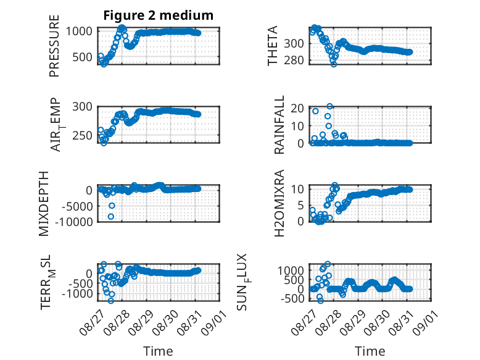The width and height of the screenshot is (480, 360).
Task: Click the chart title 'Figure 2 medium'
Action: tap(159, 15)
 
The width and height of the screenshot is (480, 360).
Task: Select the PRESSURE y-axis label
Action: tap(54, 46)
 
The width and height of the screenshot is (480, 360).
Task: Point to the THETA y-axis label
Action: tap(272, 46)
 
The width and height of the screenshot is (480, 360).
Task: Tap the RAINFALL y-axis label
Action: tap(279, 125)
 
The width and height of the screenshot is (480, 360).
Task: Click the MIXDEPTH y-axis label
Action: tap(44, 204)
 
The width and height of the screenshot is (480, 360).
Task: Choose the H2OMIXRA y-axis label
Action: tap(279, 203)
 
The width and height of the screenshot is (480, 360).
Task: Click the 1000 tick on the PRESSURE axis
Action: tap(79, 31)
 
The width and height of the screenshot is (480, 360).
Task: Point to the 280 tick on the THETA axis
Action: tap(294, 61)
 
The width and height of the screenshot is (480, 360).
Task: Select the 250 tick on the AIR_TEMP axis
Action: tap(82, 135)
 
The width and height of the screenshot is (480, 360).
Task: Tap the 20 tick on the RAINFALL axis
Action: tap(297, 108)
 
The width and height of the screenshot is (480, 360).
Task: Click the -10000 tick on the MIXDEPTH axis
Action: tap(74, 222)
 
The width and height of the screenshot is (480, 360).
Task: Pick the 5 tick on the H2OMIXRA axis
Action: tap(300, 205)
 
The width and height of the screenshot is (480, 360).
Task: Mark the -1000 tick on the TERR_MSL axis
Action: tap(77, 294)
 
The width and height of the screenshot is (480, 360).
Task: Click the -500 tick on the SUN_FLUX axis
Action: tap(292, 298)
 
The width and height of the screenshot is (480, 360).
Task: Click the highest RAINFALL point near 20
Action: tap(329, 106)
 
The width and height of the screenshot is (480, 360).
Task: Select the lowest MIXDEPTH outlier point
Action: tap(111, 217)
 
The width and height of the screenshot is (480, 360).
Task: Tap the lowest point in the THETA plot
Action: tap(334, 64)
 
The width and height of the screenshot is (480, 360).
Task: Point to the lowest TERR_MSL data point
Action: tap(111, 301)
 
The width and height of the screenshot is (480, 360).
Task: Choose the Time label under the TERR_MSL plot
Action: tap(159, 351)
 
